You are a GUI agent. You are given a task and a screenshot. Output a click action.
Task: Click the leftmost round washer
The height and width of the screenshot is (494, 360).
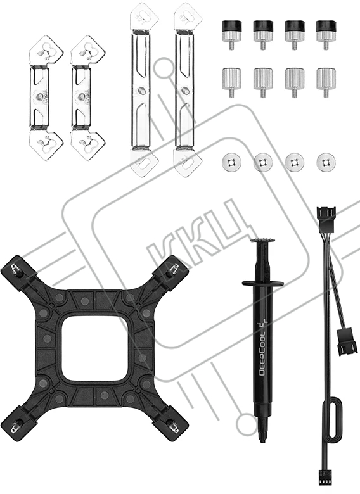[232, 163]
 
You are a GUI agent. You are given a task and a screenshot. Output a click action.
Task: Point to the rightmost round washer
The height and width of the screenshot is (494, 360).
[326, 163]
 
